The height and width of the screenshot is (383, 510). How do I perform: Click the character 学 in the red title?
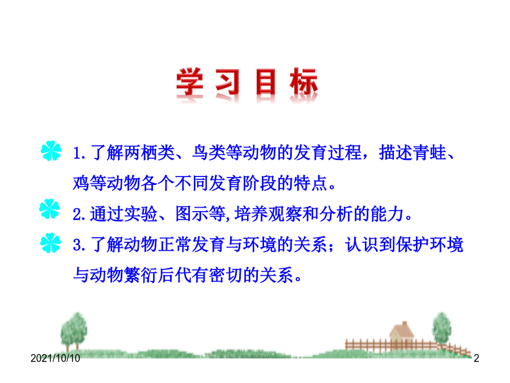[x=190, y=82]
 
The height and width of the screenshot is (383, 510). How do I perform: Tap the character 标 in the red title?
[x=304, y=82]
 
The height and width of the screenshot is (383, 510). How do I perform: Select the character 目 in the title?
[x=265, y=82]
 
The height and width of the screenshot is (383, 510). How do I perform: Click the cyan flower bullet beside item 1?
[x=51, y=151]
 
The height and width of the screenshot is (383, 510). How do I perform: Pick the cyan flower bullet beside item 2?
[x=49, y=209]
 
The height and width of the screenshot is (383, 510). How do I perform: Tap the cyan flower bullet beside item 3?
[x=50, y=243]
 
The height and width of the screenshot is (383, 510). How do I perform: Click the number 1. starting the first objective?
[x=79, y=153]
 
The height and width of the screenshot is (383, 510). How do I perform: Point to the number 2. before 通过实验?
[x=79, y=214]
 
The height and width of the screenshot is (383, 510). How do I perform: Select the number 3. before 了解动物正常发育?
[x=79, y=245]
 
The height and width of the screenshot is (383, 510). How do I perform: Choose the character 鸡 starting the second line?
[x=81, y=183]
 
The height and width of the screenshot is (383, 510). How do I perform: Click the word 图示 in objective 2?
[x=192, y=214]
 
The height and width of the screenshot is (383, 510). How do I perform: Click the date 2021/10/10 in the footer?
[x=56, y=358]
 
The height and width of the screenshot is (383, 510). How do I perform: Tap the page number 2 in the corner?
[x=477, y=358]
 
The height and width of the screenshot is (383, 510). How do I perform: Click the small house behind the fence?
[x=401, y=334]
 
